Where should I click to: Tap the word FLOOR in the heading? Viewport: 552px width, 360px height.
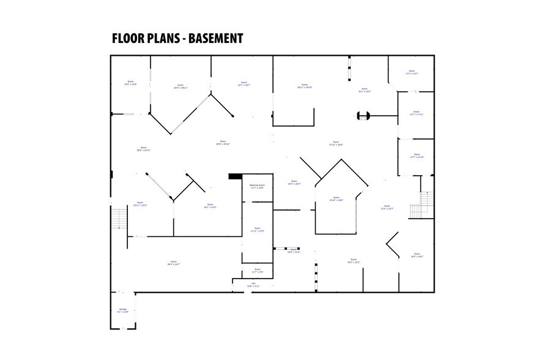pyautogui.click(x=129, y=39)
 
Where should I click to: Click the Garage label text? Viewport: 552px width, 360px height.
pyautogui.click(x=123, y=310)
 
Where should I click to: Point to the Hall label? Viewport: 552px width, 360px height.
pyautogui.click(x=253, y=285)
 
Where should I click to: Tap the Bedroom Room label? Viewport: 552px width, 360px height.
pyautogui.click(x=257, y=186)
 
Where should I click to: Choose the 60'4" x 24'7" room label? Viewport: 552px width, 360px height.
pyautogui.click(x=173, y=263)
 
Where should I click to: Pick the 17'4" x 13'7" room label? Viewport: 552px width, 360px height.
pyautogui.click(x=411, y=72)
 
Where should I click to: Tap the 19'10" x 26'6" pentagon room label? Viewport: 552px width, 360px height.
pyautogui.click(x=337, y=200)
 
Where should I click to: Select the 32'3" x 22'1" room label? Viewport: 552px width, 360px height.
pyautogui.click(x=353, y=261)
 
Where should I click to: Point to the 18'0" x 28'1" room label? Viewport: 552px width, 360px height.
pyautogui.click(x=417, y=256)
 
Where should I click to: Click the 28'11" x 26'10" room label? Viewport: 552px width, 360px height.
pyautogui.click(x=305, y=86)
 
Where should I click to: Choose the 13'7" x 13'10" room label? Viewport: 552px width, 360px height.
pyautogui.click(x=417, y=156)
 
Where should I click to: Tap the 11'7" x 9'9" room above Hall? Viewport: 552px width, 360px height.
pyautogui.click(x=257, y=270)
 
